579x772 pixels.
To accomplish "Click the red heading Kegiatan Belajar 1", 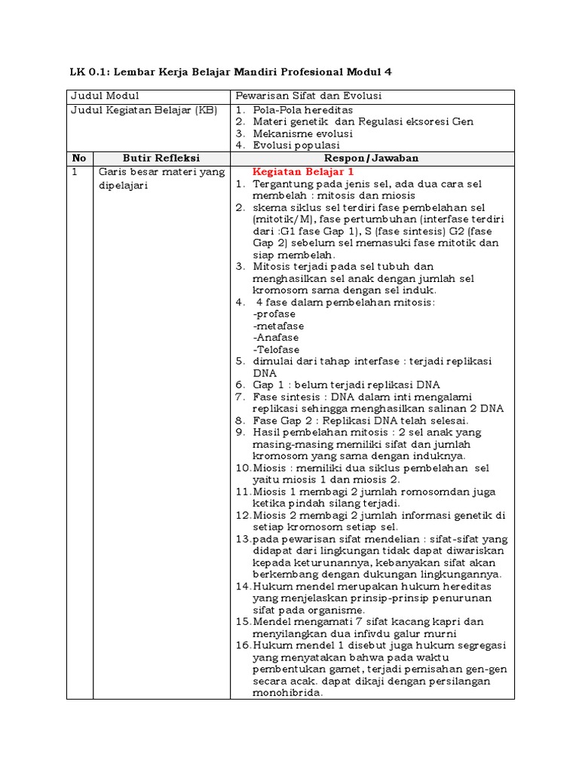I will [x=298, y=172].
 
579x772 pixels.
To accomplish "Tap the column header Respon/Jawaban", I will [x=372, y=158].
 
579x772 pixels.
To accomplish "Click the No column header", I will [x=79, y=158].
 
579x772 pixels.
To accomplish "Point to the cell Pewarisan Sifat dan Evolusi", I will [x=309, y=96].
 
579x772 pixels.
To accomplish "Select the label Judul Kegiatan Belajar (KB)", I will [x=143, y=110].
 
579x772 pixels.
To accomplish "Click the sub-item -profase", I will [x=274, y=314].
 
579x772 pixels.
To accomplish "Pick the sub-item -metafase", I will [x=277, y=326].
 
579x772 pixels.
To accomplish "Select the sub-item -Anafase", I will [x=276, y=338].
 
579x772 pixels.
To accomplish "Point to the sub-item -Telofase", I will [x=277, y=350].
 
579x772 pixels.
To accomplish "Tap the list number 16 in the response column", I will [x=242, y=646].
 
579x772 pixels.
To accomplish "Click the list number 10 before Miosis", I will [x=242, y=467].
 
